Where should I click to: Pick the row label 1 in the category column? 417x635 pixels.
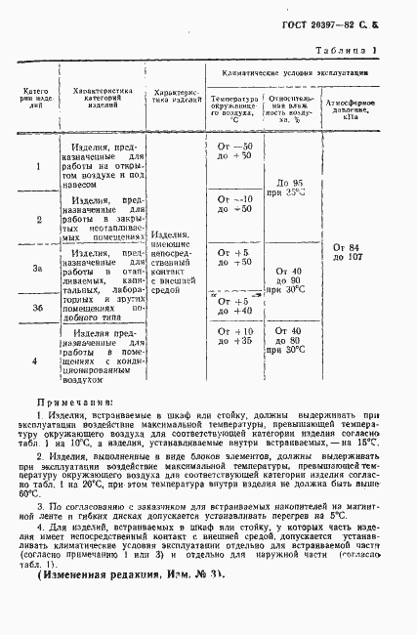(x=37, y=167)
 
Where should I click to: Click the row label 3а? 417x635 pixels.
(x=37, y=269)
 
